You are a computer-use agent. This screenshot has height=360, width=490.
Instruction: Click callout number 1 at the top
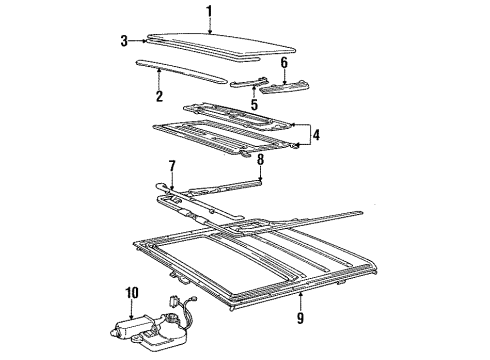(x=209, y=11)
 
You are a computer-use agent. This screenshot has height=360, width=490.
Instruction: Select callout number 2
(x=159, y=96)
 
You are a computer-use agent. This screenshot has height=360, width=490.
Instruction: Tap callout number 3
(x=125, y=41)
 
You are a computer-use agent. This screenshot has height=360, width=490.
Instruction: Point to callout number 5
(x=254, y=104)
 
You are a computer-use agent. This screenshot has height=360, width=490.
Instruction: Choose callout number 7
(x=171, y=165)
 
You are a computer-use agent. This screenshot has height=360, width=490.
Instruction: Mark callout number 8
(x=260, y=158)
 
